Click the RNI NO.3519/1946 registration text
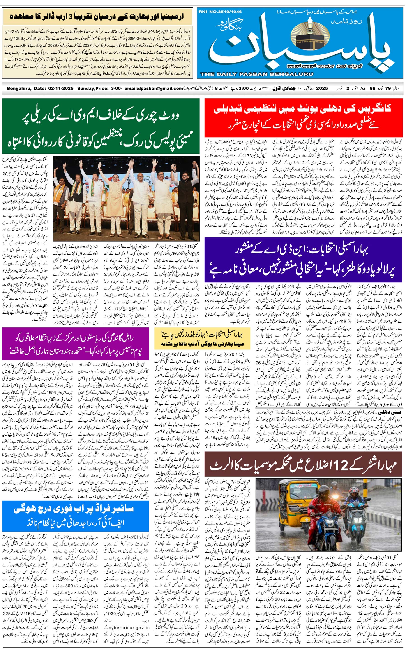point(220,12)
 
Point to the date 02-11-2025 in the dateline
point(61,89)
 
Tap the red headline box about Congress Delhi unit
point(303,118)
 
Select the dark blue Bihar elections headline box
point(303,259)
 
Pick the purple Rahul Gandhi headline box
point(76,344)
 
